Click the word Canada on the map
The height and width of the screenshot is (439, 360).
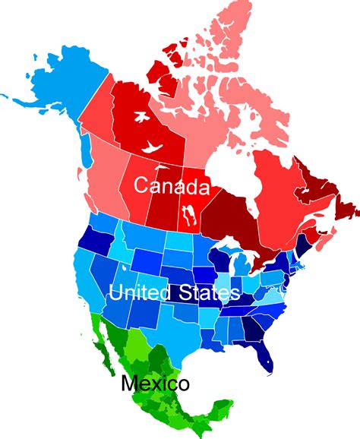point(171,185)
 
